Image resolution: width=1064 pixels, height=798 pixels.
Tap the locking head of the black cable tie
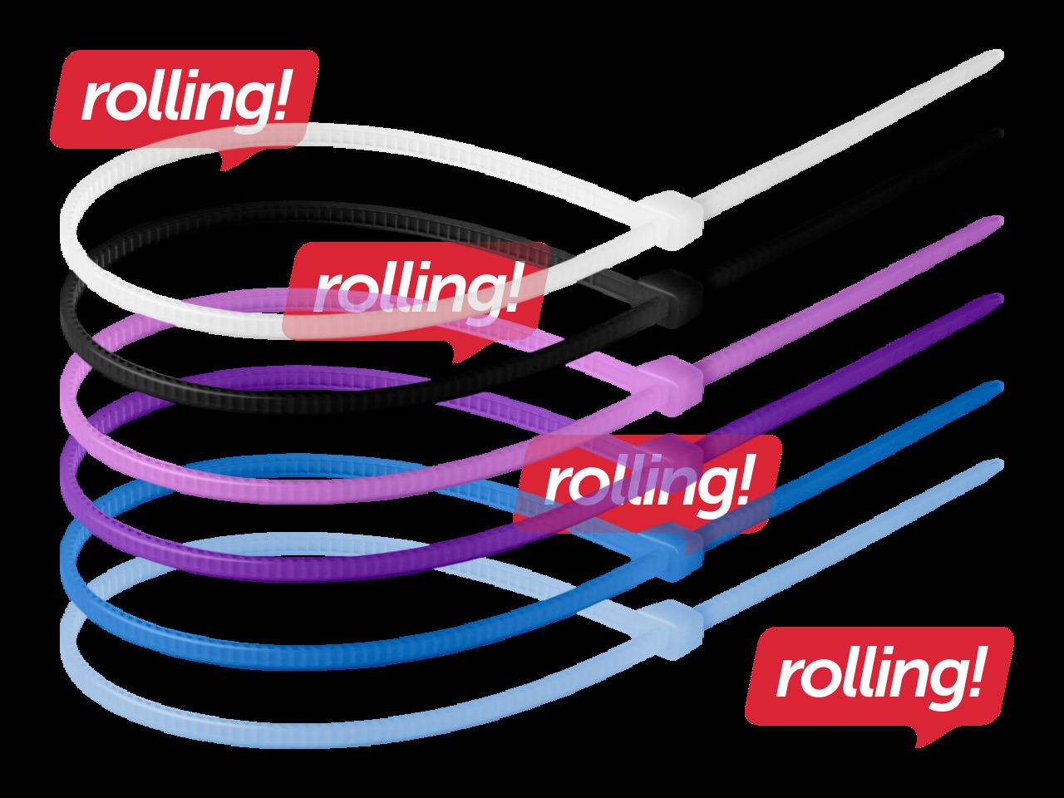pyautogui.click(x=672, y=298)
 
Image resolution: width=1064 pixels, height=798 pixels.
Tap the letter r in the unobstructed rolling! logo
pyautogui.click(x=788, y=679)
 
